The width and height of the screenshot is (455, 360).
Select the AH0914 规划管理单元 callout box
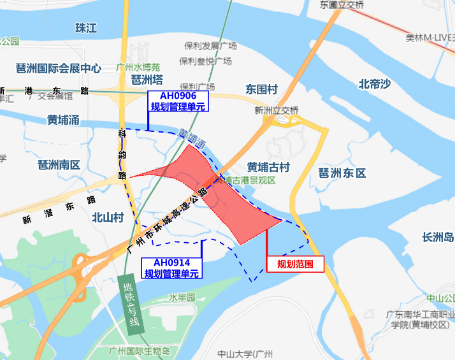tap(171, 268)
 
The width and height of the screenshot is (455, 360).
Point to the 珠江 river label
tap(85, 28)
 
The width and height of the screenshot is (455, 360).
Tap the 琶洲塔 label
tap(147, 80)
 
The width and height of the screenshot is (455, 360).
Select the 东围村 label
tap(262, 89)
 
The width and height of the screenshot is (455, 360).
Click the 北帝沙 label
tap(374, 83)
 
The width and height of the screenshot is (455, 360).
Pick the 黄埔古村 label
tap(269, 167)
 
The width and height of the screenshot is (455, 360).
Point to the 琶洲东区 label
tap(342, 173)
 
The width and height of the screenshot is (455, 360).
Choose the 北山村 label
tap(107, 217)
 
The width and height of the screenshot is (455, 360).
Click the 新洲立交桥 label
tap(277, 110)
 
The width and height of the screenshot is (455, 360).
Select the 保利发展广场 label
tap(210, 46)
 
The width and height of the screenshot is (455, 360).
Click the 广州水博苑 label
tap(138, 67)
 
